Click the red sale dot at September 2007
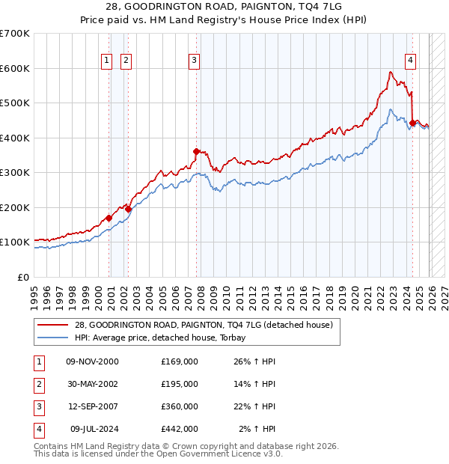point(196,151)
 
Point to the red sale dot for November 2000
point(109,218)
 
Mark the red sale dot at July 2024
point(412,123)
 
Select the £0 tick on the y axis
point(23,277)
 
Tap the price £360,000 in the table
point(179,406)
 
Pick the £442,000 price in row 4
point(179,429)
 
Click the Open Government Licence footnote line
point(158,454)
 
